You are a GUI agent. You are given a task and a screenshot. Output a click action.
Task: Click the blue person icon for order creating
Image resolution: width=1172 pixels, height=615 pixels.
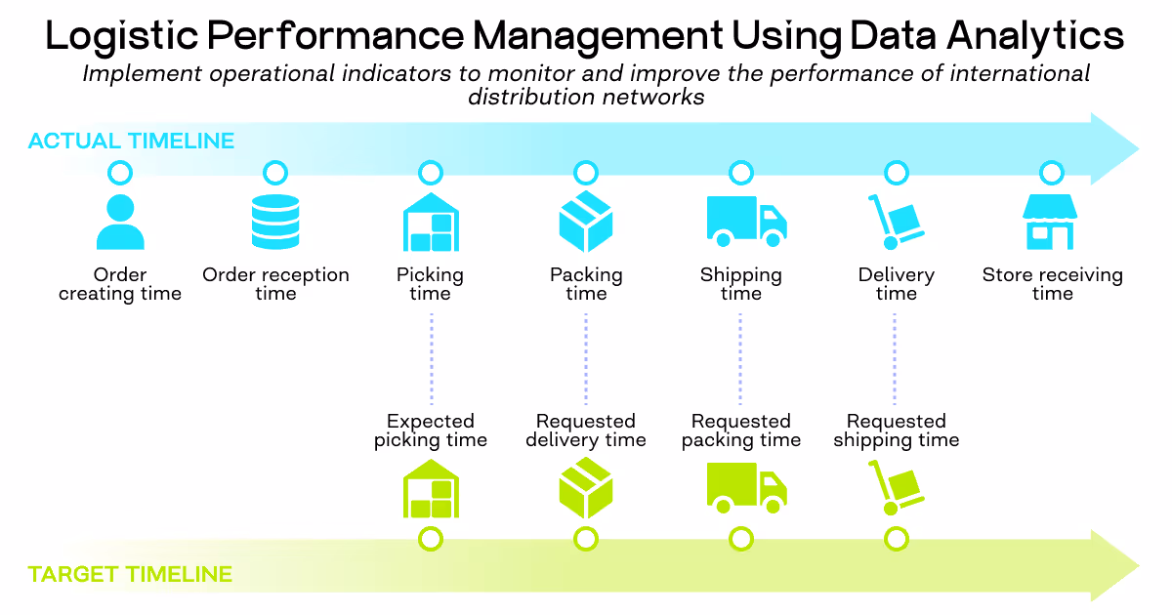[120, 222]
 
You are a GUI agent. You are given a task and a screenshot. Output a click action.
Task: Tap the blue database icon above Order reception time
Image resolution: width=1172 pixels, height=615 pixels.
[275, 222]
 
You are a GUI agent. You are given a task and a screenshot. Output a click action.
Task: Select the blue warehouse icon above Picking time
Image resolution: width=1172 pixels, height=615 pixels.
[431, 222]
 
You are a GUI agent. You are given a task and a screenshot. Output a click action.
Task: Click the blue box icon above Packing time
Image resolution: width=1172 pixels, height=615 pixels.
[586, 222]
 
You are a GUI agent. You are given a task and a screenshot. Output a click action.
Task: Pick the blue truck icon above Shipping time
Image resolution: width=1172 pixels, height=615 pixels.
[745, 222]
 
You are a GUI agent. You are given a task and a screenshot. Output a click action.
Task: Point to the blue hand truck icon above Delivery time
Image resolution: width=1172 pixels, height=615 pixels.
[895, 222]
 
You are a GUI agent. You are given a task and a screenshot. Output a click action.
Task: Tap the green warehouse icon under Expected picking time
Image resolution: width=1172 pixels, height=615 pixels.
[431, 488]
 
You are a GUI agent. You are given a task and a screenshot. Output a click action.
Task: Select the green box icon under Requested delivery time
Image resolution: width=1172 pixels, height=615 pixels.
[586, 488]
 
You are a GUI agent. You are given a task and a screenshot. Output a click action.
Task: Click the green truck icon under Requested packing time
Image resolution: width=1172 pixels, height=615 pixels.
[745, 488]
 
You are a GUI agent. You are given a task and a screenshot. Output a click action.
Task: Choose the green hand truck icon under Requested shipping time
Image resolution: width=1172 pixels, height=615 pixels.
[895, 488]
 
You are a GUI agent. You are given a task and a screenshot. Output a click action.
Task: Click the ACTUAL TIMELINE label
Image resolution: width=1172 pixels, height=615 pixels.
[131, 142]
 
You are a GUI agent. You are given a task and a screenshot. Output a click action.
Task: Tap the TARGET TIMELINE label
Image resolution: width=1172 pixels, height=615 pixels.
[130, 574]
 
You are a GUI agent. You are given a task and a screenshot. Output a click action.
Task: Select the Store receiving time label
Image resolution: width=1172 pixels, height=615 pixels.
[1052, 284]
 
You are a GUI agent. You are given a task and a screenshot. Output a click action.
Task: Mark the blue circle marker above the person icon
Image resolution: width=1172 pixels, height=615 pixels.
[120, 174]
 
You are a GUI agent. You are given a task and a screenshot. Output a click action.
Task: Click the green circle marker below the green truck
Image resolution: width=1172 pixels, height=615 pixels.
[741, 538]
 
